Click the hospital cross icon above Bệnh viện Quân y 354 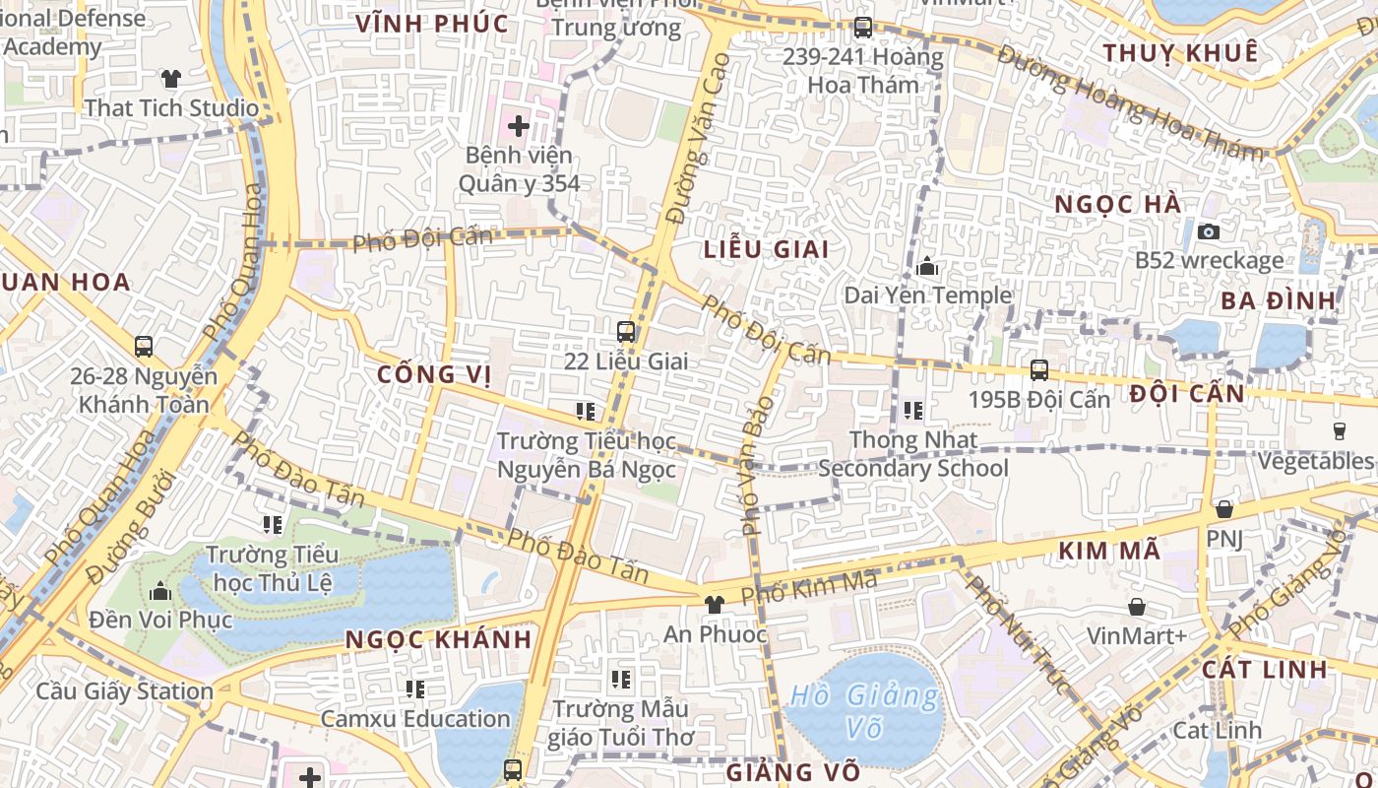coord(518,126)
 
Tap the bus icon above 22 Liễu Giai coord(626,332)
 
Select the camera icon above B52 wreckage coord(1209,231)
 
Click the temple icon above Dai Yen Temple coord(927,266)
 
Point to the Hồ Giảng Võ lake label coord(865,712)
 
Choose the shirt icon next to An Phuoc coord(715,604)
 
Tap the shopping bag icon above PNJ coord(1224,509)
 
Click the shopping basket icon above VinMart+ coord(1137,607)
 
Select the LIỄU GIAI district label coord(767,249)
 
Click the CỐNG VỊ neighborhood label coord(434,374)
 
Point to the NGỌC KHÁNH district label coord(439,639)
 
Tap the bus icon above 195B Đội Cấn coord(1039,370)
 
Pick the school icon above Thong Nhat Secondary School coord(913,410)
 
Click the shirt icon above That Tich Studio coord(171,79)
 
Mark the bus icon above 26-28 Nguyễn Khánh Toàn coord(144,347)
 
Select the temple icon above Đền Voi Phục coord(160,591)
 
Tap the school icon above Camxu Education coord(415,689)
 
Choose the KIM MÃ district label coord(1109,552)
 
